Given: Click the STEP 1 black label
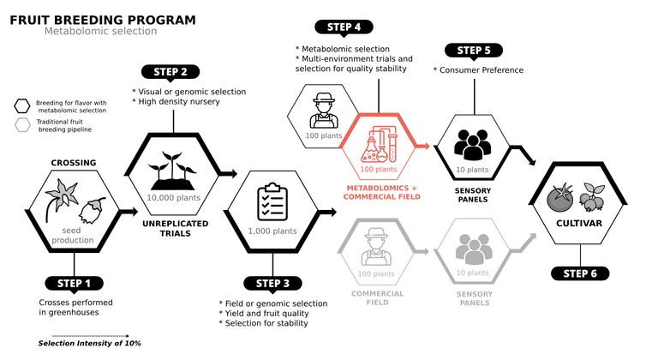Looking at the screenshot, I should [75, 283].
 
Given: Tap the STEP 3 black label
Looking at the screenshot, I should [273, 283].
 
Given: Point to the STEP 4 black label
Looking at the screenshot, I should [344, 27].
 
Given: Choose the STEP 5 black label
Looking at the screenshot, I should [474, 50].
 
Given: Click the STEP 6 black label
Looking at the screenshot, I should [580, 273].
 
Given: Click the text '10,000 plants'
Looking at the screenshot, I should [174, 197].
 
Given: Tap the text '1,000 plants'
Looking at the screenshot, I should [272, 231].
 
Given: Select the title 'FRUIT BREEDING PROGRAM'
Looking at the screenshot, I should [103, 19].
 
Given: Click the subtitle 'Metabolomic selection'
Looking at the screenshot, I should [100, 32].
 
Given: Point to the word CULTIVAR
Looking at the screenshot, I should [580, 225].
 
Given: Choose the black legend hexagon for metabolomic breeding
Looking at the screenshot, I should [21, 106].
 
